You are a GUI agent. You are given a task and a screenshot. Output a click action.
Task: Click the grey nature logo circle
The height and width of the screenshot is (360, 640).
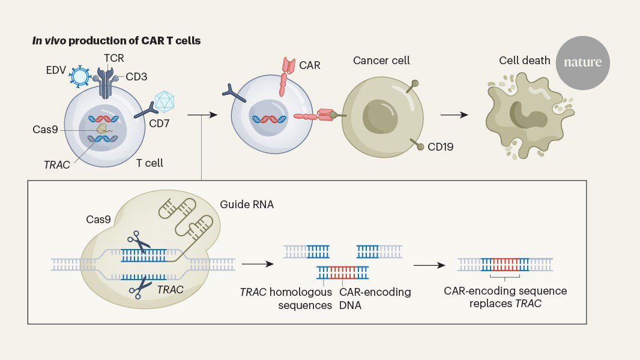[582, 62]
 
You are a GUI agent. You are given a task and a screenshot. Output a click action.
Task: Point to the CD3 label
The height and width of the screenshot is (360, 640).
[136, 77]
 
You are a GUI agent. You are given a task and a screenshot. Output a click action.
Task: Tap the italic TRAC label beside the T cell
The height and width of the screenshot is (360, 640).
[56, 164]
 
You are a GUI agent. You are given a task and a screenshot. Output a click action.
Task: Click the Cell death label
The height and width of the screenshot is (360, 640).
[524, 61]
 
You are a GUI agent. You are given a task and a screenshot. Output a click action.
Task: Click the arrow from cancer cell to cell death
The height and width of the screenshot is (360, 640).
[454, 114]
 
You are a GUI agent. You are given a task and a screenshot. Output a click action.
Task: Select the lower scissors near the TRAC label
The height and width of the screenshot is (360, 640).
[139, 289]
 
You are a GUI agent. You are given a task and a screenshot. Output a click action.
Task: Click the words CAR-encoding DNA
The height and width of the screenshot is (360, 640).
[375, 298]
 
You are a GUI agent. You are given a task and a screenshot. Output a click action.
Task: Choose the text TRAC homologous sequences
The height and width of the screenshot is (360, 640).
[286, 298]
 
